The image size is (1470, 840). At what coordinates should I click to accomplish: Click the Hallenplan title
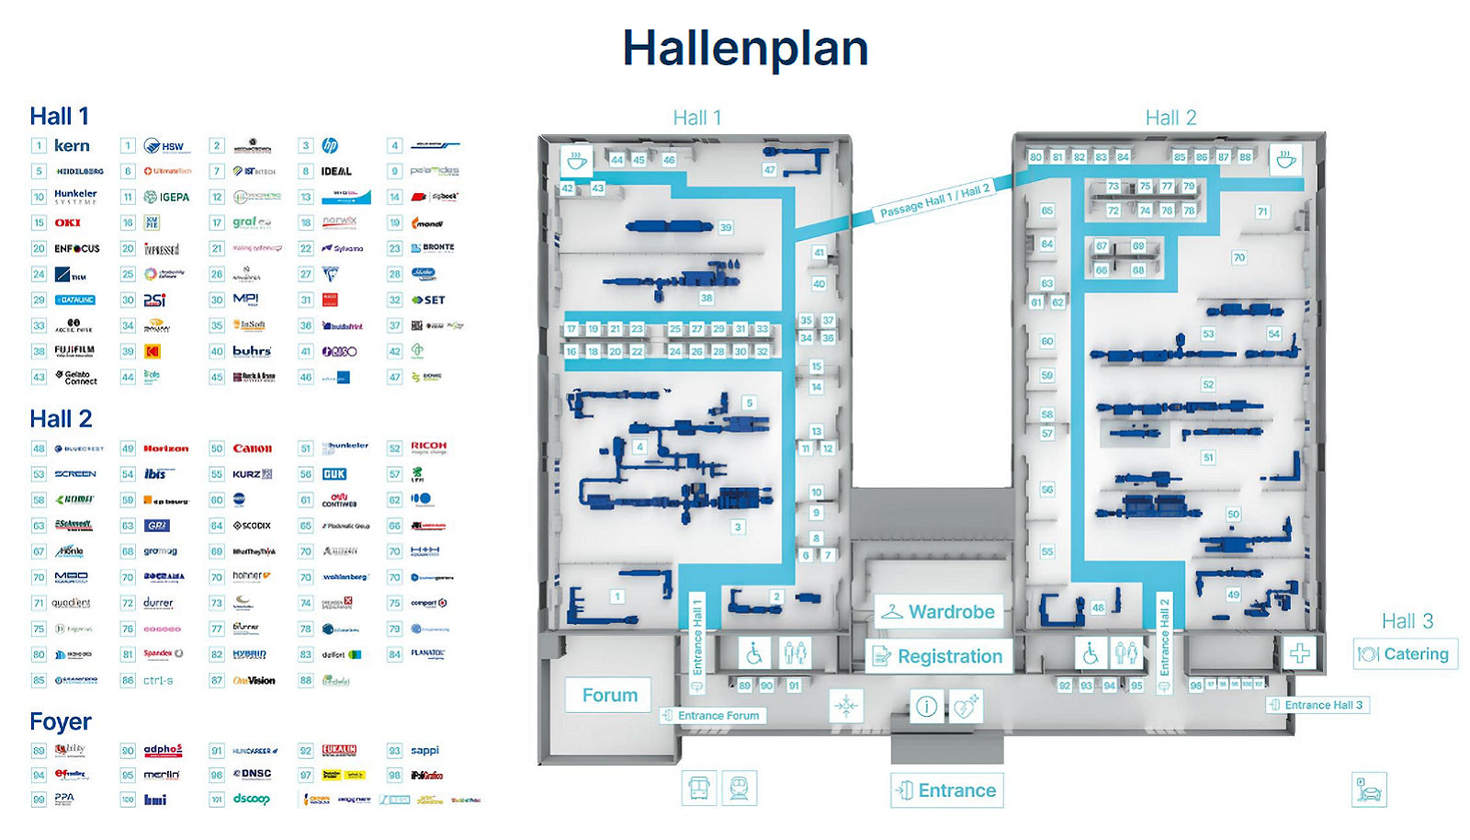745,48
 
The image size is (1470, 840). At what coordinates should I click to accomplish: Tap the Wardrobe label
951,612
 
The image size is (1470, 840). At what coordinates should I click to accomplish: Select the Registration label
949,656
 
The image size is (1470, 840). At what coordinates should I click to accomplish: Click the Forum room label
609,695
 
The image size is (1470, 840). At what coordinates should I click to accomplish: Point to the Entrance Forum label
718,716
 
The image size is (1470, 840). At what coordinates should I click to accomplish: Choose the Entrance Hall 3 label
1323,705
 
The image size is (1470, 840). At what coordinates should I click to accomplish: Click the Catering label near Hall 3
1415,654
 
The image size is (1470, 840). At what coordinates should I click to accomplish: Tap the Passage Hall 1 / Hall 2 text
934,201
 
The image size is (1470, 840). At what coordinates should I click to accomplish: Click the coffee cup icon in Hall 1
577,161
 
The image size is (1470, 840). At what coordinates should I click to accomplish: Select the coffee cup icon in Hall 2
1286,159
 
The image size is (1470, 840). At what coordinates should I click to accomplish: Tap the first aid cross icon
1299,653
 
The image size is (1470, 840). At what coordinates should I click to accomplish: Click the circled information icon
926,707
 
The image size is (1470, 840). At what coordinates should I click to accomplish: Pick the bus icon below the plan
699,789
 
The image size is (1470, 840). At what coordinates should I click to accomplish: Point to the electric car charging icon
1369,790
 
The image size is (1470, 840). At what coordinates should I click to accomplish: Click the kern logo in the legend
72,146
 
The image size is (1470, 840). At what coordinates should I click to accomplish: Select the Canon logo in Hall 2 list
252,448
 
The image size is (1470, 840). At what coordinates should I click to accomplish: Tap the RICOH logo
429,448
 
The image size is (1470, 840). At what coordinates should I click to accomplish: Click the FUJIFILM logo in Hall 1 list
74,351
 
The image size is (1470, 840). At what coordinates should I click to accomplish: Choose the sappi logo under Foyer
424,750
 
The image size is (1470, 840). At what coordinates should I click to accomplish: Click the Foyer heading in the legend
61,721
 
